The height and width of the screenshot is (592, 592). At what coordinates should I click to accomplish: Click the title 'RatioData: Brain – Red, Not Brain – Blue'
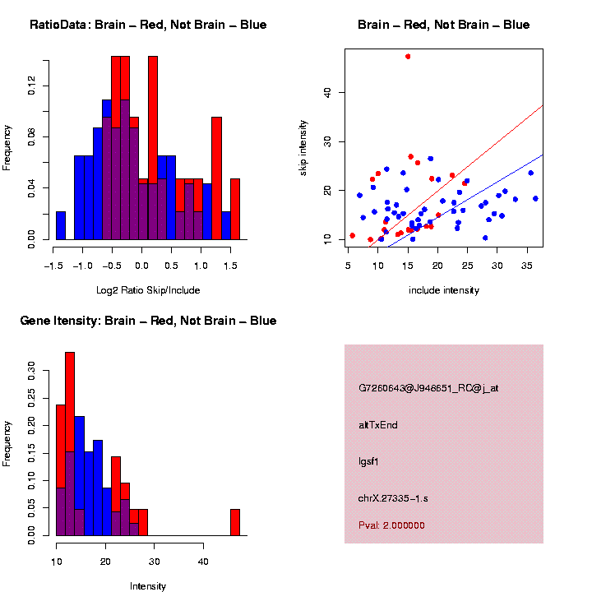148,25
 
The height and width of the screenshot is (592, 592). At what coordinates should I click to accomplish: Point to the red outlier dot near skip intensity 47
408,56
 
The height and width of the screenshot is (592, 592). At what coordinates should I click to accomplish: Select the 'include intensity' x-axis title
444,290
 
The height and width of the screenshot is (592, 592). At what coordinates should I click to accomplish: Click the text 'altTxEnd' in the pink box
378,425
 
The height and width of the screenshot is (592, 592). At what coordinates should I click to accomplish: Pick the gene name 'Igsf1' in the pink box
369,461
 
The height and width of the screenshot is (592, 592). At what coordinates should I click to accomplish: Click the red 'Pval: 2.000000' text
392,525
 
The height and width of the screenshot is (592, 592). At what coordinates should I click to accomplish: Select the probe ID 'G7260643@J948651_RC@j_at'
428,388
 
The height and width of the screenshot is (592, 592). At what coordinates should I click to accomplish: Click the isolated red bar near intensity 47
235,522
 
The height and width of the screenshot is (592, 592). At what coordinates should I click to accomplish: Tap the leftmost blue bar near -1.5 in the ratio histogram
61,225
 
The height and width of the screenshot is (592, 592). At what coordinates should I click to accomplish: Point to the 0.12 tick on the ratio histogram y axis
33,86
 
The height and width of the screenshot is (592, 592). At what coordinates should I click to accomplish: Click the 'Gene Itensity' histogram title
148,321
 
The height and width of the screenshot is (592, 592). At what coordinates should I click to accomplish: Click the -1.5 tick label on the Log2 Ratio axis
54,266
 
